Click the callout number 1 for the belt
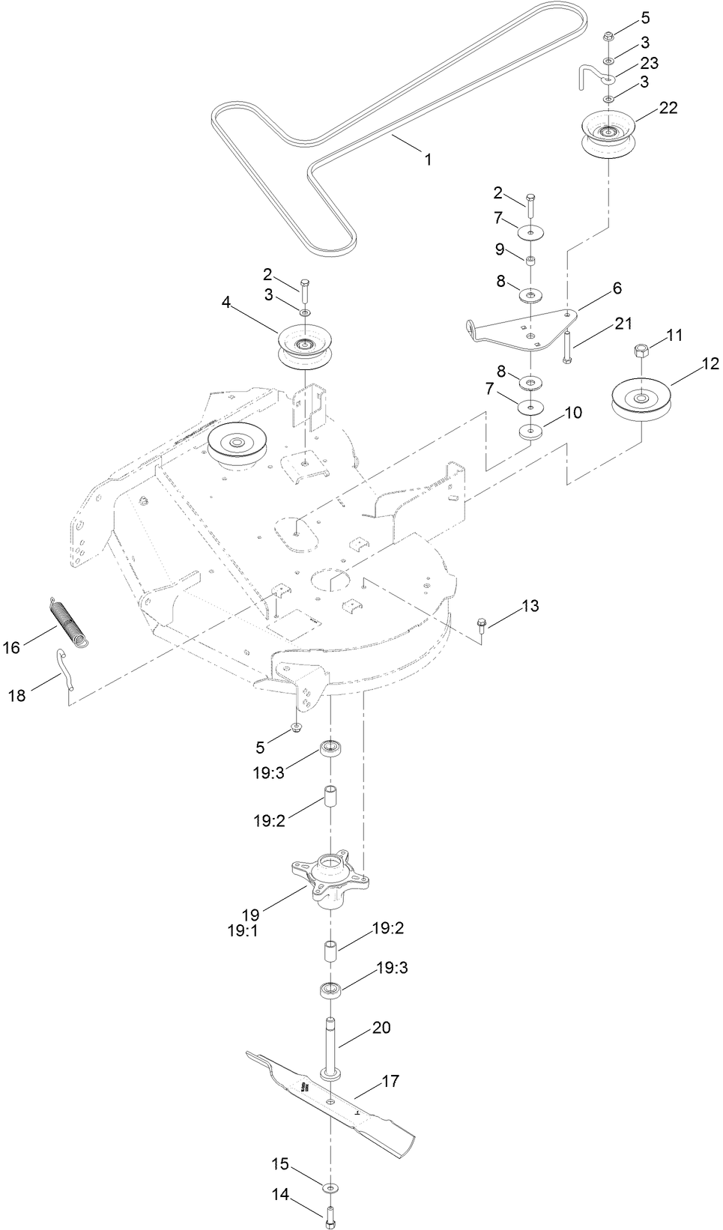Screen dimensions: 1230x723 428,160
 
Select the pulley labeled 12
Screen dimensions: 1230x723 641,399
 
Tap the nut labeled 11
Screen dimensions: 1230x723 641,349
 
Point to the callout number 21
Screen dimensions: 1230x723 623,324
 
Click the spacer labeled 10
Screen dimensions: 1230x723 531,431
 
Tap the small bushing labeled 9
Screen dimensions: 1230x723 530,261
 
